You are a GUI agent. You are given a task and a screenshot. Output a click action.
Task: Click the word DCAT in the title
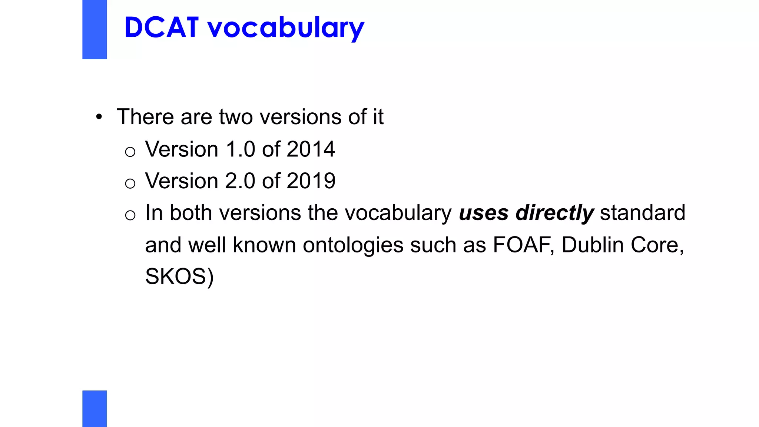[x=162, y=27]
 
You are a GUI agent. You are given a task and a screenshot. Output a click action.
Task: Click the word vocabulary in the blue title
[x=286, y=28]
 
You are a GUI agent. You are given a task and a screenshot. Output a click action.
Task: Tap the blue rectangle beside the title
[x=95, y=29]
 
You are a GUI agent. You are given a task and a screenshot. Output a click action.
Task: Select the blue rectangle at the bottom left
[x=95, y=408]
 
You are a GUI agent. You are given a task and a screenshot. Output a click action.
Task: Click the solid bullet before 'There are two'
[x=99, y=117]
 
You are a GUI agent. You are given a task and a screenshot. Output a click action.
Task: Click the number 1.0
[x=240, y=149]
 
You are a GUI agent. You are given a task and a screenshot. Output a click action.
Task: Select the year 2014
[x=311, y=149]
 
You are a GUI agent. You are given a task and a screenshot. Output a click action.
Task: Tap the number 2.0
[x=240, y=181]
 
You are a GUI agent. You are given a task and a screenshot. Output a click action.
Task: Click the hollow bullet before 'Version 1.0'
[x=130, y=152]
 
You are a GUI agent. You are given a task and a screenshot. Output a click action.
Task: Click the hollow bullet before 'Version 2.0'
[x=130, y=183]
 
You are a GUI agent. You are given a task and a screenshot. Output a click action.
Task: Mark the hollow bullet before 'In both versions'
[x=130, y=215]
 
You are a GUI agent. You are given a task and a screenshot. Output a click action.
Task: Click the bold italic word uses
[x=484, y=213]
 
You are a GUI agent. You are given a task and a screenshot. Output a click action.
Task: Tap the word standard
[x=643, y=213]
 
